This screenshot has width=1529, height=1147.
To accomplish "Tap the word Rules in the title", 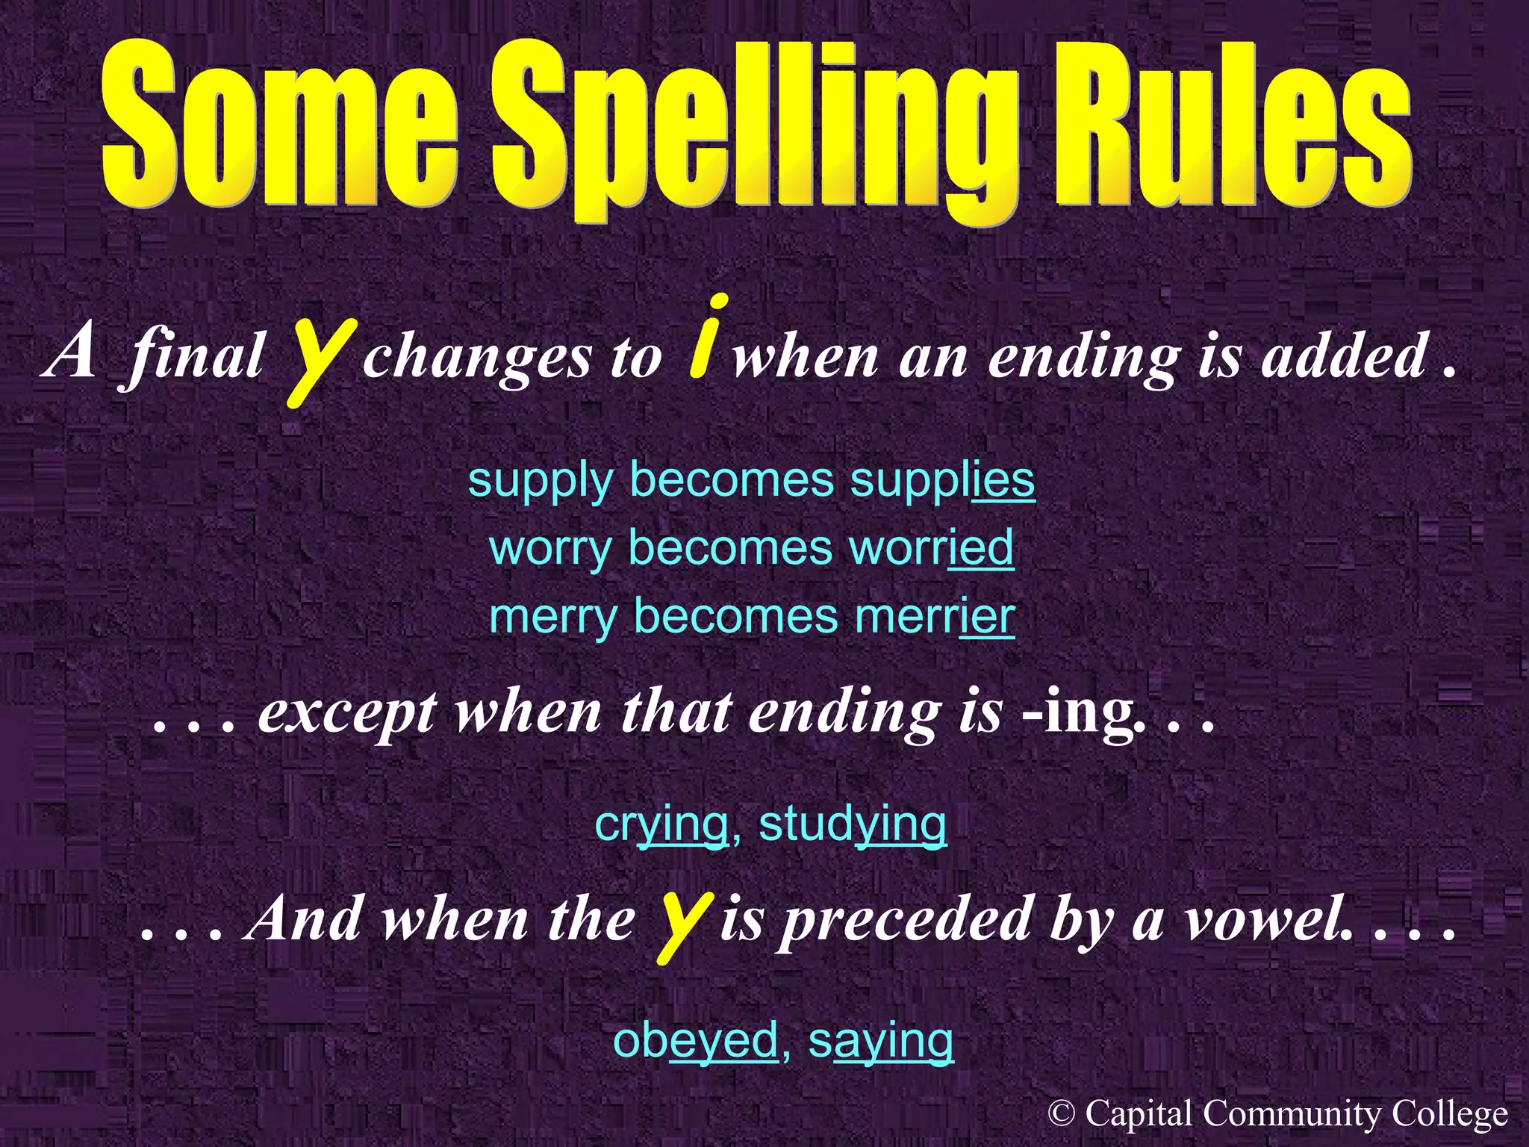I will (1232, 123).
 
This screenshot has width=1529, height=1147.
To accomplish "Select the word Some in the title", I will (280, 123).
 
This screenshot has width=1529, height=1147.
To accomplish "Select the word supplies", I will (942, 480).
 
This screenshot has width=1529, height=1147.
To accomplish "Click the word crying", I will (661, 824).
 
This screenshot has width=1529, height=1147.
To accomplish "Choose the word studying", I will (852, 824).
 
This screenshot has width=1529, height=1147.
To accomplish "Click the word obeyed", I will (695, 1039).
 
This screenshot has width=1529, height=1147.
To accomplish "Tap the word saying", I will (880, 1039).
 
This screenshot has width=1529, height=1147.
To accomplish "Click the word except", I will (347, 713).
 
